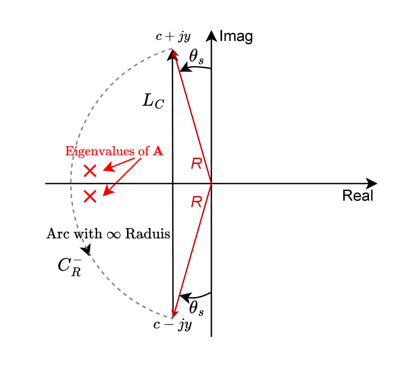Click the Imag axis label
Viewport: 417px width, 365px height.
coord(236,37)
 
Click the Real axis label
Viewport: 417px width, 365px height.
coord(358,195)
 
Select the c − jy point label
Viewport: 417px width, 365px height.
coord(173,325)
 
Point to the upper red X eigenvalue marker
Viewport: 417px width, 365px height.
coord(90,170)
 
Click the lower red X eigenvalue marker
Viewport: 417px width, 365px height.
coord(90,196)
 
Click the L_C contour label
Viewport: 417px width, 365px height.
coord(153,101)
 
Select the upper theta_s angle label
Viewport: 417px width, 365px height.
coord(196,56)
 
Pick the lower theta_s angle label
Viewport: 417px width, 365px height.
coord(196,309)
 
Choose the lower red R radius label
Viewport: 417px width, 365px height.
coord(196,203)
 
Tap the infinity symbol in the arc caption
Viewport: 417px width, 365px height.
coord(113,234)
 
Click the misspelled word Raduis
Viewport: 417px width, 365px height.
coord(148,234)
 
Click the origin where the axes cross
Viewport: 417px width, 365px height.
coord(212,183)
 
